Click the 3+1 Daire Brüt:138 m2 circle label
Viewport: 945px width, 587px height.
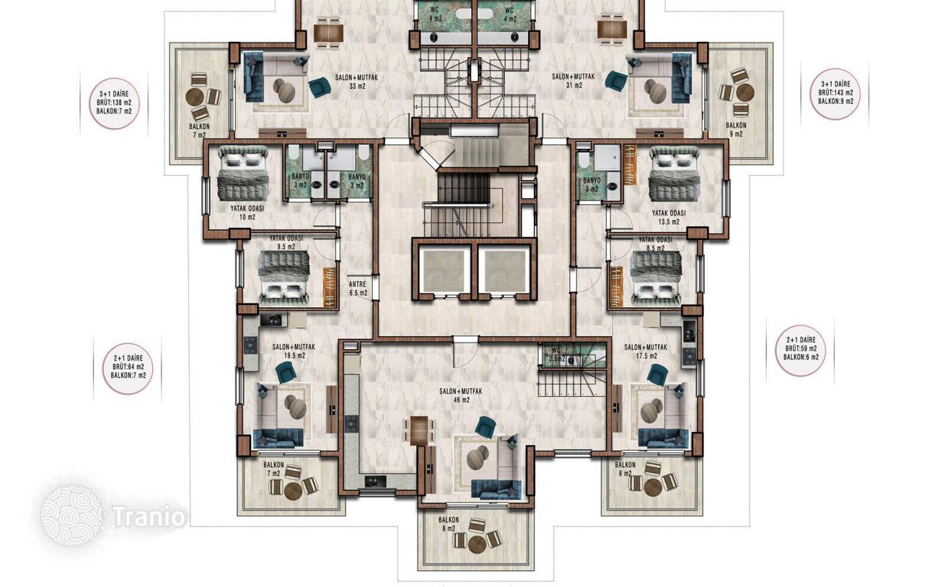point(114,103)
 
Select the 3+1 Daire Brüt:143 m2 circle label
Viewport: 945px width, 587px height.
point(835,94)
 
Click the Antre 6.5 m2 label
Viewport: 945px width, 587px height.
point(359,288)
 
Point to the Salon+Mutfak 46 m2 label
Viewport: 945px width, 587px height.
point(461,396)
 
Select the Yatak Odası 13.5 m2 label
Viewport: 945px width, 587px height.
point(669,217)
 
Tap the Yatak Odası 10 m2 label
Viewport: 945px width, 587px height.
point(247,213)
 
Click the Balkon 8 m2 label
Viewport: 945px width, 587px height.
point(449,524)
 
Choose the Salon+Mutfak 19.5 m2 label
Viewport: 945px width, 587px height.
point(294,351)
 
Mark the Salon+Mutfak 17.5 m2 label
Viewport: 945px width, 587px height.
point(646,351)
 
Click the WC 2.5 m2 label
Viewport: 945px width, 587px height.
point(556,355)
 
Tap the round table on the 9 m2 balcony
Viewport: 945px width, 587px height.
point(745,93)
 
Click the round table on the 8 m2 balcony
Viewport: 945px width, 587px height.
point(477,544)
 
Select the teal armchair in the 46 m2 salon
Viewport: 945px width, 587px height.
point(485,426)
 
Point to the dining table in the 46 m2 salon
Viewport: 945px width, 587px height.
point(419,431)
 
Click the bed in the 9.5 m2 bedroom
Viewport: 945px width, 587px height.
point(285,278)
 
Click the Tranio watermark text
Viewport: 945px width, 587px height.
point(149,516)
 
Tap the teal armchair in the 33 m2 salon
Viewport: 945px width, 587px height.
point(320,87)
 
